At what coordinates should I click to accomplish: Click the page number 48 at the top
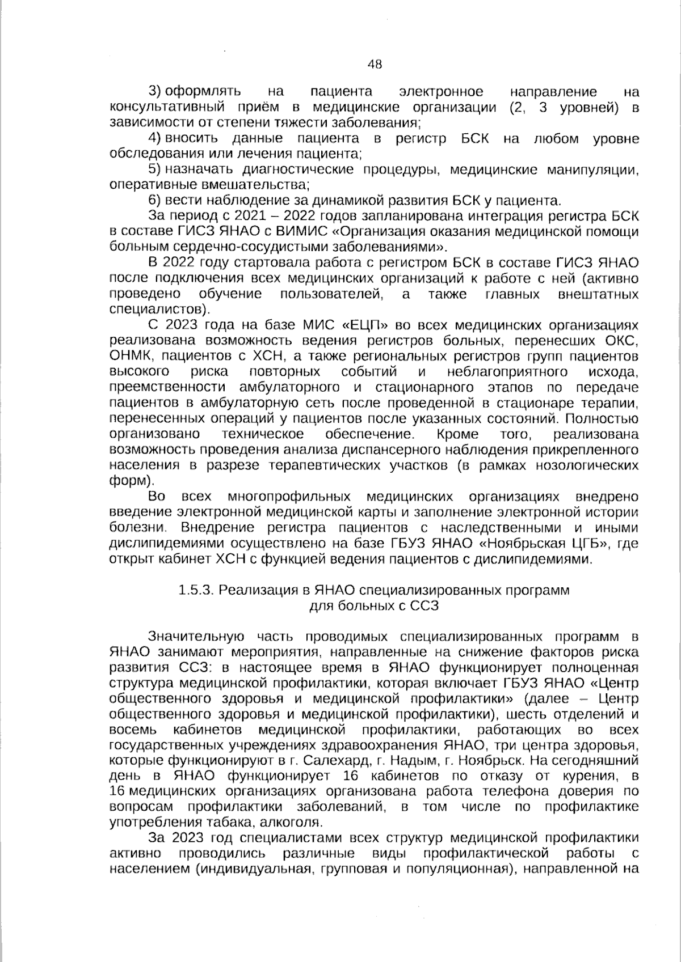pyautogui.click(x=375, y=64)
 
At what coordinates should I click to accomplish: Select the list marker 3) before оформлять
pyautogui.click(x=155, y=92)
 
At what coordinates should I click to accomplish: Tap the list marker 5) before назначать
pyautogui.click(x=155, y=169)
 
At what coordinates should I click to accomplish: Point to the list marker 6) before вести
pyautogui.click(x=155, y=201)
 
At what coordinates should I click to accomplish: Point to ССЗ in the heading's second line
pyautogui.click(x=426, y=605)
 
